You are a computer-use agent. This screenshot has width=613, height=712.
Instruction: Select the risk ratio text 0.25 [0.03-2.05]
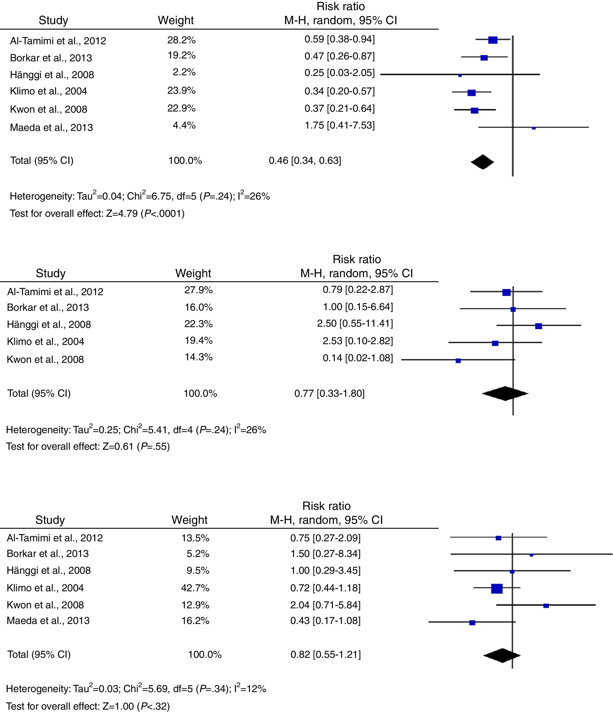click(339, 73)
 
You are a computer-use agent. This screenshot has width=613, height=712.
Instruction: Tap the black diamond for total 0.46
click(482, 162)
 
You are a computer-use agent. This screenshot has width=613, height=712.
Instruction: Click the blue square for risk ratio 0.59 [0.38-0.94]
click(493, 40)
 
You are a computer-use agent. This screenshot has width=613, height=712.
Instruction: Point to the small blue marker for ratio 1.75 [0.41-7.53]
click(534, 128)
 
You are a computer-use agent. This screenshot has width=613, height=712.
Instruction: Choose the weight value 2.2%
click(184, 72)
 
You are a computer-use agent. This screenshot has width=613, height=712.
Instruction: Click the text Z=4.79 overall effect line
click(97, 214)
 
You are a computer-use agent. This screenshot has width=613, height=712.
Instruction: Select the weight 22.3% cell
click(198, 324)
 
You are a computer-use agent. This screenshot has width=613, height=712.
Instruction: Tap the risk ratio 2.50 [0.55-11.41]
click(355, 323)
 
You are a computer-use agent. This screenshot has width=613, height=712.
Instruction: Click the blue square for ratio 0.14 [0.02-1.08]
click(458, 360)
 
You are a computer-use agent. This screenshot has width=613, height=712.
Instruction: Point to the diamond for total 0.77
click(505, 393)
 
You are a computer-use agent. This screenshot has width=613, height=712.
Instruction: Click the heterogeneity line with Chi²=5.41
click(136, 430)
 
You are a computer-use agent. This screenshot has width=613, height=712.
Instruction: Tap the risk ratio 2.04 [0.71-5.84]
click(325, 605)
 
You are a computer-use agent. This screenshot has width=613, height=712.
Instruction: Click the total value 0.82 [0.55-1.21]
click(325, 654)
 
